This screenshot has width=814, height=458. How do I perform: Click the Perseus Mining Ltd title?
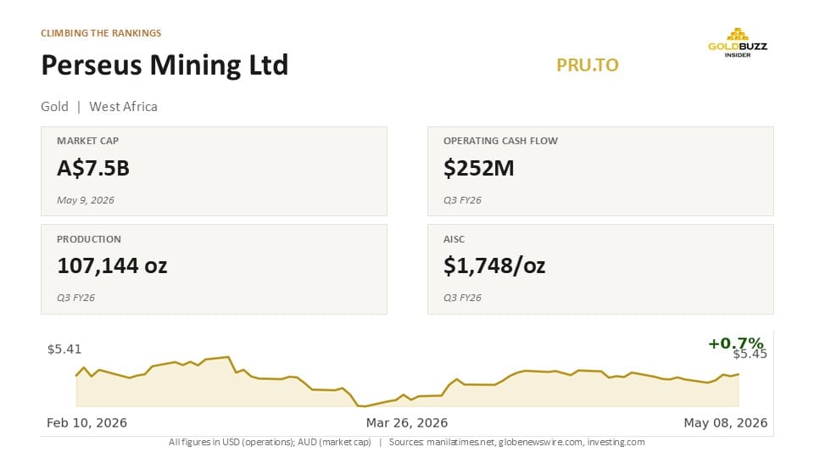tap(164, 65)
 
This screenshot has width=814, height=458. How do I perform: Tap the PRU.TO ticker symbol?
tap(587, 65)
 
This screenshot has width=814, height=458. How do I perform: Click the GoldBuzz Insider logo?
tap(737, 42)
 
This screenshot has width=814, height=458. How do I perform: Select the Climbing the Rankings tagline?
tap(101, 33)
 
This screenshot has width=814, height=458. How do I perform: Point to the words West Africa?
tap(123, 107)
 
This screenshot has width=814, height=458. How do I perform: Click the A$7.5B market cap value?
tap(93, 168)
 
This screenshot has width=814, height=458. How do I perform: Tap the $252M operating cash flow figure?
tap(478, 168)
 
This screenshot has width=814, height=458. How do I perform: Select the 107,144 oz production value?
tap(112, 265)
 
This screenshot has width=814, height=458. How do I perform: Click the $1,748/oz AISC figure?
tap(494, 265)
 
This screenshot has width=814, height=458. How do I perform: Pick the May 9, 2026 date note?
tap(85, 200)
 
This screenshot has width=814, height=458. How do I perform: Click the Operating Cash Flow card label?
tap(500, 141)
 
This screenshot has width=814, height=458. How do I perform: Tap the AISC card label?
tap(454, 239)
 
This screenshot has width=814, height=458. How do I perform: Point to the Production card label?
tap(89, 239)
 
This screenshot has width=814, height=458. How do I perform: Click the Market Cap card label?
tap(87, 141)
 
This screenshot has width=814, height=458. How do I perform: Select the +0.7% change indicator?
tap(736, 343)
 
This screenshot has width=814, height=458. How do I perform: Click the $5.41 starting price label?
tap(64, 349)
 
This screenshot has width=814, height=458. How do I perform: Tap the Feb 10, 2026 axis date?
tap(86, 422)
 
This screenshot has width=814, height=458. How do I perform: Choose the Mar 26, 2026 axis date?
tap(407, 422)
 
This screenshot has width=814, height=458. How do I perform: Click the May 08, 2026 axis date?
tap(725, 422)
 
